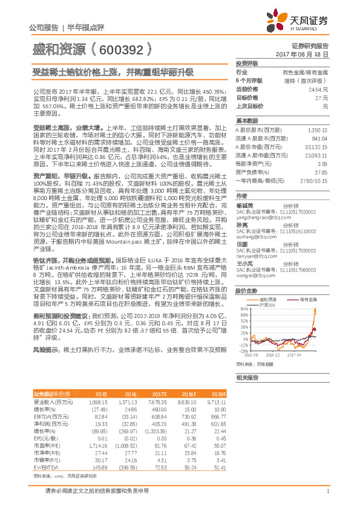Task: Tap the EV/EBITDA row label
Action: pos(43,468)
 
